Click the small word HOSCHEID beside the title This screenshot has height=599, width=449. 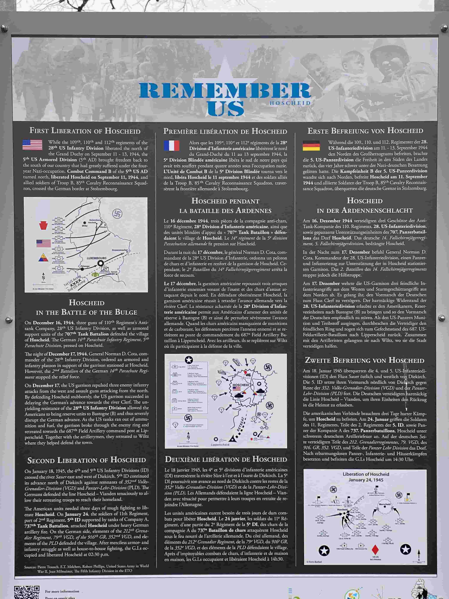290,103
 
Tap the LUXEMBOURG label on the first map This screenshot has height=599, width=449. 97,258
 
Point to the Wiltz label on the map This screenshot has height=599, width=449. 85,226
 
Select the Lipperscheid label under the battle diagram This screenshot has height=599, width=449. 220,445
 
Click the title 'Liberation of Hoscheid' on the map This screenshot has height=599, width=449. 366,474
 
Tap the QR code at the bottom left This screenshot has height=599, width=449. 27,592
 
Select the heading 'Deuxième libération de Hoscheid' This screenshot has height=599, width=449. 226,459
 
